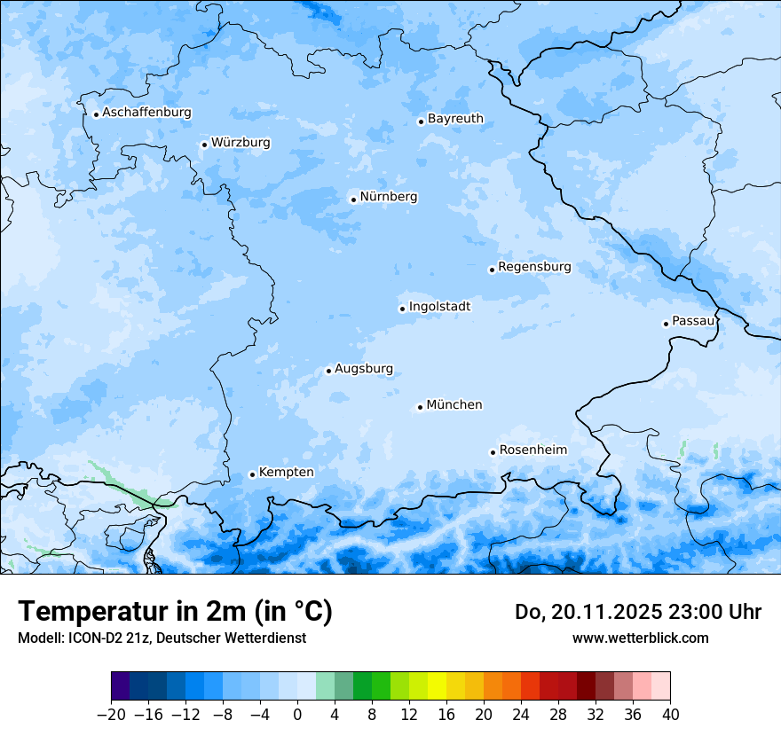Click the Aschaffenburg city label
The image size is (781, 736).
click(x=146, y=113)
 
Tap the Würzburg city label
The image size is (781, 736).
click(x=241, y=143)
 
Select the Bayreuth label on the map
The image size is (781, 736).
click(x=455, y=119)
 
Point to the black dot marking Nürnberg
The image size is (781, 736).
click(x=353, y=200)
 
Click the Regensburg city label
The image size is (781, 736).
click(x=534, y=267)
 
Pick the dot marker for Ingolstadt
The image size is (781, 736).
click(x=402, y=309)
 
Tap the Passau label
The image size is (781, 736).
click(x=693, y=321)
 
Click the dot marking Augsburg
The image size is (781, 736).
click(x=328, y=371)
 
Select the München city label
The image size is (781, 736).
click(x=454, y=405)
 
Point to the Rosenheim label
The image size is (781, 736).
click(x=532, y=450)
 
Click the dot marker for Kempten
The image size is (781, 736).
click(x=252, y=474)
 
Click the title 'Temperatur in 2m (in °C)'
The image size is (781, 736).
click(x=175, y=612)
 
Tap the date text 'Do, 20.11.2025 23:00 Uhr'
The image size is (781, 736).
click(x=637, y=612)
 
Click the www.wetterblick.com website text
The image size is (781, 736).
click(x=640, y=638)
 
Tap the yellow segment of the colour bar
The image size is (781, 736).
click(x=437, y=686)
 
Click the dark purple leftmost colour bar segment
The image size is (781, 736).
click(x=121, y=686)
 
